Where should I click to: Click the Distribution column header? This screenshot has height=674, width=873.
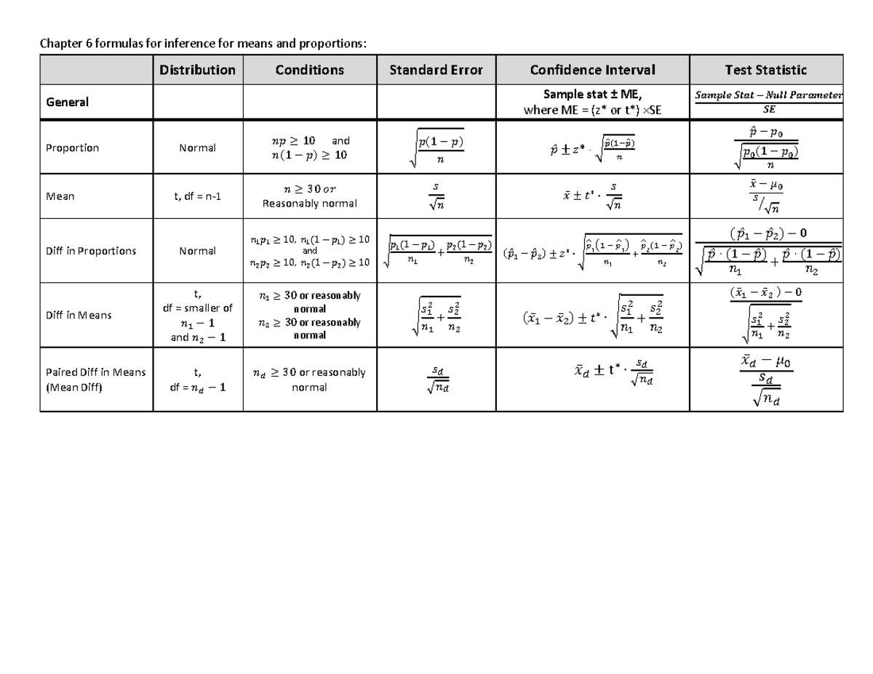click(x=198, y=70)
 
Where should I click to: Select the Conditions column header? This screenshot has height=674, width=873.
click(x=309, y=70)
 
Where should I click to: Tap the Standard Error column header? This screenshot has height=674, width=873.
click(x=436, y=70)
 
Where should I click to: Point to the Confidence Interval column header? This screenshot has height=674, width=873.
click(x=592, y=70)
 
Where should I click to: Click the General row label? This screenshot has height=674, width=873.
click(x=68, y=103)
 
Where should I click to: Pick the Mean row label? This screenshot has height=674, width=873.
click(x=60, y=196)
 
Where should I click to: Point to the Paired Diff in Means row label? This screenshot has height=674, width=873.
click(x=95, y=380)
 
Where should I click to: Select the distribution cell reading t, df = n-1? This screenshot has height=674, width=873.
click(x=198, y=196)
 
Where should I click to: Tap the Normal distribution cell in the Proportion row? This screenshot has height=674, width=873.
click(x=198, y=148)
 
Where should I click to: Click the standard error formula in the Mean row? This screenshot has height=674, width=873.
click(x=436, y=196)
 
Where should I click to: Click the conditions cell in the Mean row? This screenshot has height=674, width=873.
click(x=309, y=196)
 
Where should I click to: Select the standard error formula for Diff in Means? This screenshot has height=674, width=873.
click(x=436, y=316)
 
